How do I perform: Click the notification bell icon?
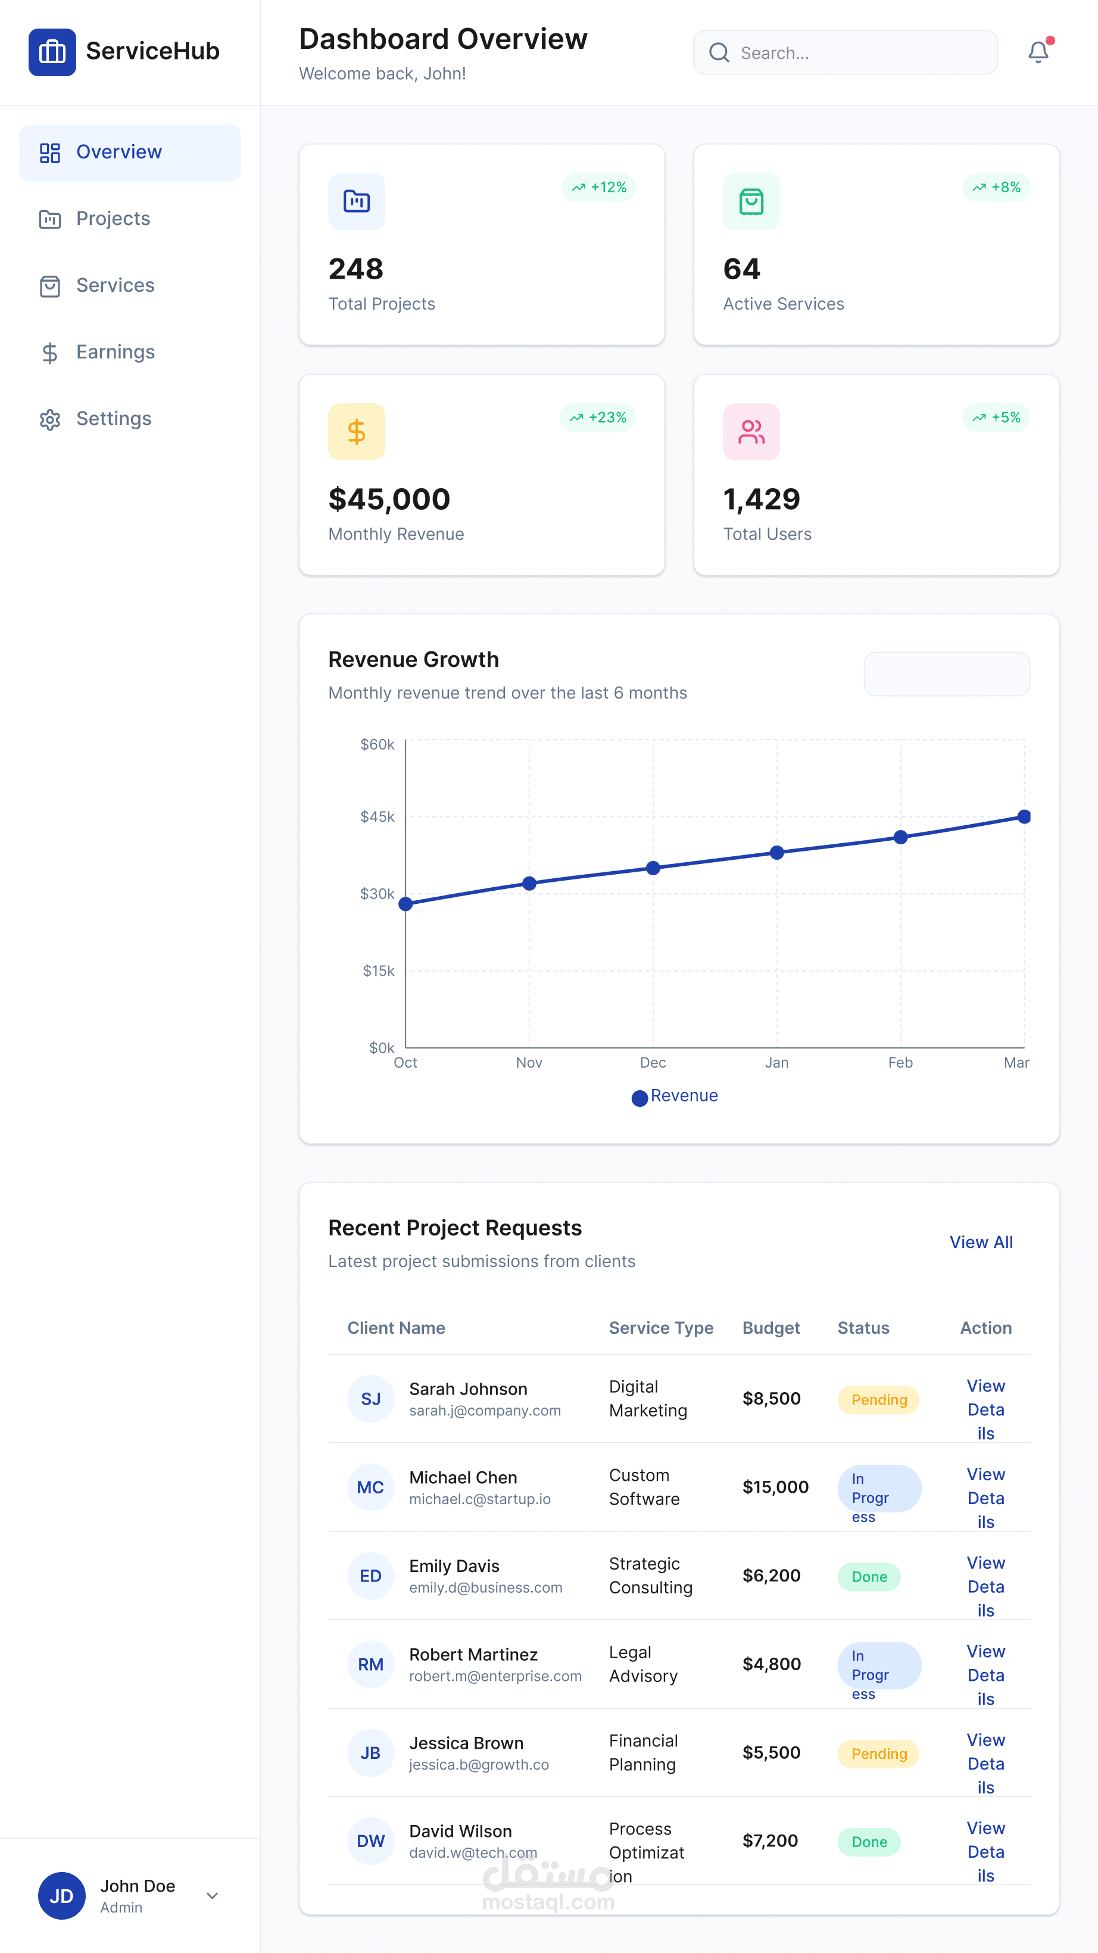click(x=1038, y=52)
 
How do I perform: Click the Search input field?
click(x=845, y=52)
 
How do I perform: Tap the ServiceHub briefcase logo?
click(x=52, y=52)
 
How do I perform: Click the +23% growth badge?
click(x=598, y=418)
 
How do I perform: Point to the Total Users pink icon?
click(x=751, y=432)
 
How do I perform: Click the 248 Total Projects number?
click(x=355, y=269)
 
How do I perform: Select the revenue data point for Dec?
click(x=653, y=868)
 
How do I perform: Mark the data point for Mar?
click(x=1024, y=816)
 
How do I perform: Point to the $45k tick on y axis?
click(x=377, y=816)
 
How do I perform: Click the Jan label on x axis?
click(x=776, y=1062)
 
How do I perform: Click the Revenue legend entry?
click(x=674, y=1096)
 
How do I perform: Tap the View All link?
click(x=981, y=1242)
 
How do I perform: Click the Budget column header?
click(x=771, y=1328)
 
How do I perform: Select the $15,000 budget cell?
click(x=775, y=1487)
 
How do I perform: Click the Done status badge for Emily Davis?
click(x=869, y=1577)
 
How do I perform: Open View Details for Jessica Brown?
click(x=986, y=1764)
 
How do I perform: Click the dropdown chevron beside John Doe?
click(x=213, y=1895)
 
